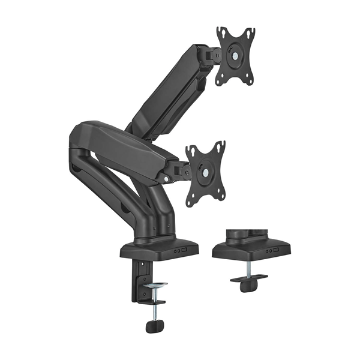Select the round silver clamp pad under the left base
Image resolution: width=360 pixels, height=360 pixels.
155,284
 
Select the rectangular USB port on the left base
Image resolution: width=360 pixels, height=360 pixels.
184,251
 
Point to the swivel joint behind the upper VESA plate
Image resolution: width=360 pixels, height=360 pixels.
210,55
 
